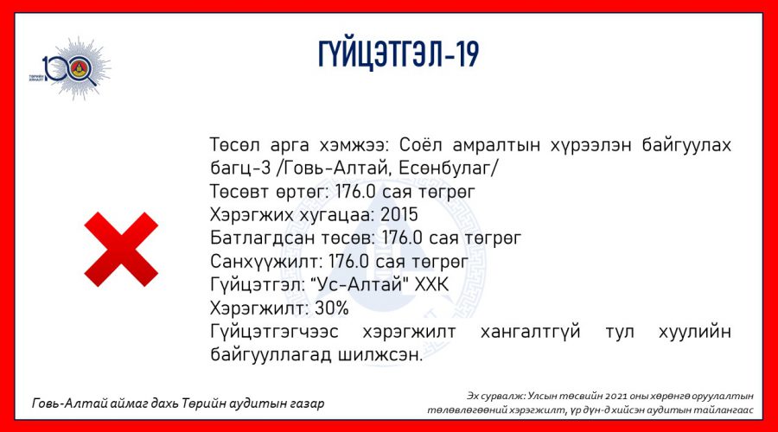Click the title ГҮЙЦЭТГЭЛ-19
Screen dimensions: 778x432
tap(399, 54)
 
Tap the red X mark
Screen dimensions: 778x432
tap(121, 249)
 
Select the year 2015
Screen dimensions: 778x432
tap(399, 215)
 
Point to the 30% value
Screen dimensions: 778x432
tap(331, 308)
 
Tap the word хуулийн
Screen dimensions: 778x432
tap(695, 332)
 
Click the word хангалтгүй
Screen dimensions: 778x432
tap(531, 332)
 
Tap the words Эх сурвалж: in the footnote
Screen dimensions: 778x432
tap(495, 397)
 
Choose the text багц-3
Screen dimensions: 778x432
tap(240, 168)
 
